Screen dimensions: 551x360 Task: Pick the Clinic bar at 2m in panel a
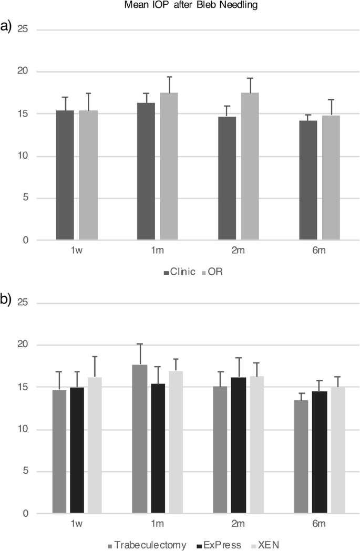point(227,179)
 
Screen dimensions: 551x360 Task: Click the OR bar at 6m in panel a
point(331,179)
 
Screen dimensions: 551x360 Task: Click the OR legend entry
point(212,273)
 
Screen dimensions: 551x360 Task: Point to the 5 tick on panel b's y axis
point(25,472)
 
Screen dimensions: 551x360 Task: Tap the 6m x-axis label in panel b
point(320,525)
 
